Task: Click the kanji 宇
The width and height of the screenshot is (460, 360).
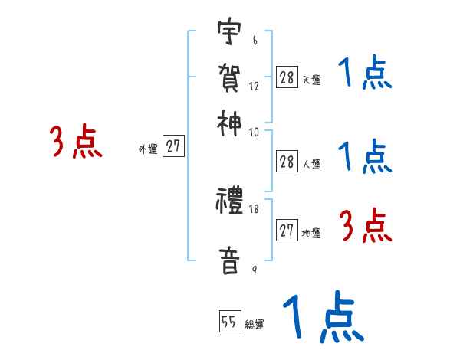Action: point(228,34)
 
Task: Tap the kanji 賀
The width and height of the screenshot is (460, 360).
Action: point(228,77)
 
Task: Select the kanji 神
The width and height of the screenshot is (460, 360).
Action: point(228,121)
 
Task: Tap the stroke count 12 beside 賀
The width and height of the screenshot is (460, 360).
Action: point(255,87)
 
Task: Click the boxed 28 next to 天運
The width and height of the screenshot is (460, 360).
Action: point(287,77)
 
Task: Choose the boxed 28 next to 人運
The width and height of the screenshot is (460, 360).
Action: point(287,161)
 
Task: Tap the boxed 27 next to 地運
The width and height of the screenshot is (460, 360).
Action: point(287,231)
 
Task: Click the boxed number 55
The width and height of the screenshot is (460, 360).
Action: point(228,322)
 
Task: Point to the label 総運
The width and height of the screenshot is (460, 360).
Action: point(255,325)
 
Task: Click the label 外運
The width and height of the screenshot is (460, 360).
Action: point(148,150)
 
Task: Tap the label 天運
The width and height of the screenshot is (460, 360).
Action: point(312,80)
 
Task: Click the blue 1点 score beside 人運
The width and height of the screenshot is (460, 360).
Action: point(365,158)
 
